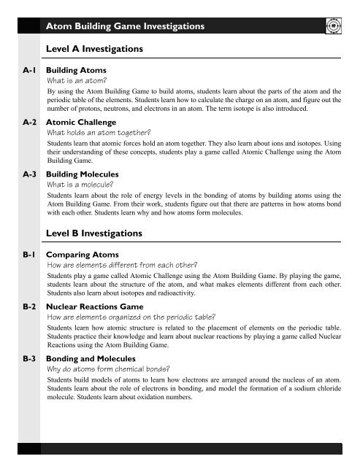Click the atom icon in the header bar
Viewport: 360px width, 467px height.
tap(332, 26)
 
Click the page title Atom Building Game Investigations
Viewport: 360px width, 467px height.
tap(124, 27)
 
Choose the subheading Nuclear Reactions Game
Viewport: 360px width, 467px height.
tap(96, 307)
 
